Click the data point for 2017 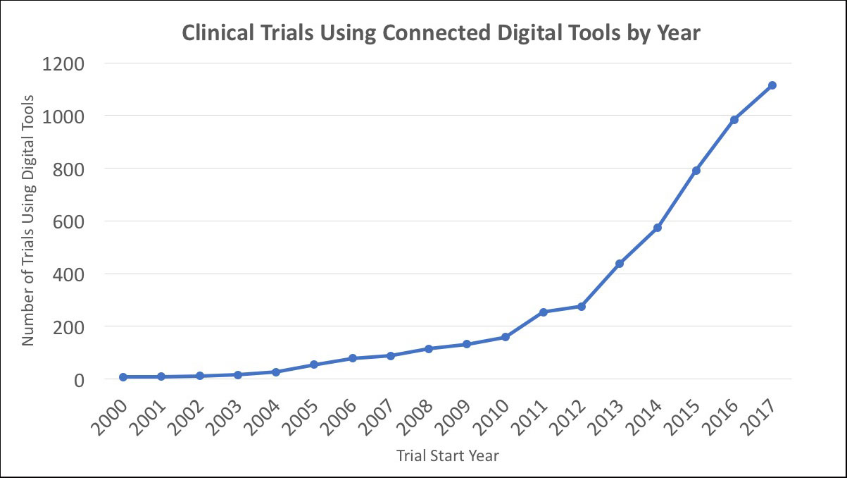tap(772, 85)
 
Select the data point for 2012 tap(581, 307)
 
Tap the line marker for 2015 tap(696, 171)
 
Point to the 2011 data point tap(543, 312)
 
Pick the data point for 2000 tap(123, 377)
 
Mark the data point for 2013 tap(620, 264)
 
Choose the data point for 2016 tap(734, 120)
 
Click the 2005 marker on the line tap(314, 364)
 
